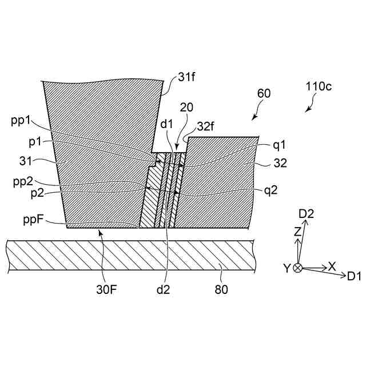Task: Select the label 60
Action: (x=264, y=93)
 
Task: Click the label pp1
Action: (x=21, y=121)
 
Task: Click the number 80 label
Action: (x=221, y=289)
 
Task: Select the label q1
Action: (x=279, y=145)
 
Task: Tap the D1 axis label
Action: (x=353, y=276)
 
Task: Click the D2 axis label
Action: (x=307, y=214)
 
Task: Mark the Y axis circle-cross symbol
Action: (x=297, y=268)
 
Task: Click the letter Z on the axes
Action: (x=297, y=232)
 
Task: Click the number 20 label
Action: (x=186, y=108)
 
